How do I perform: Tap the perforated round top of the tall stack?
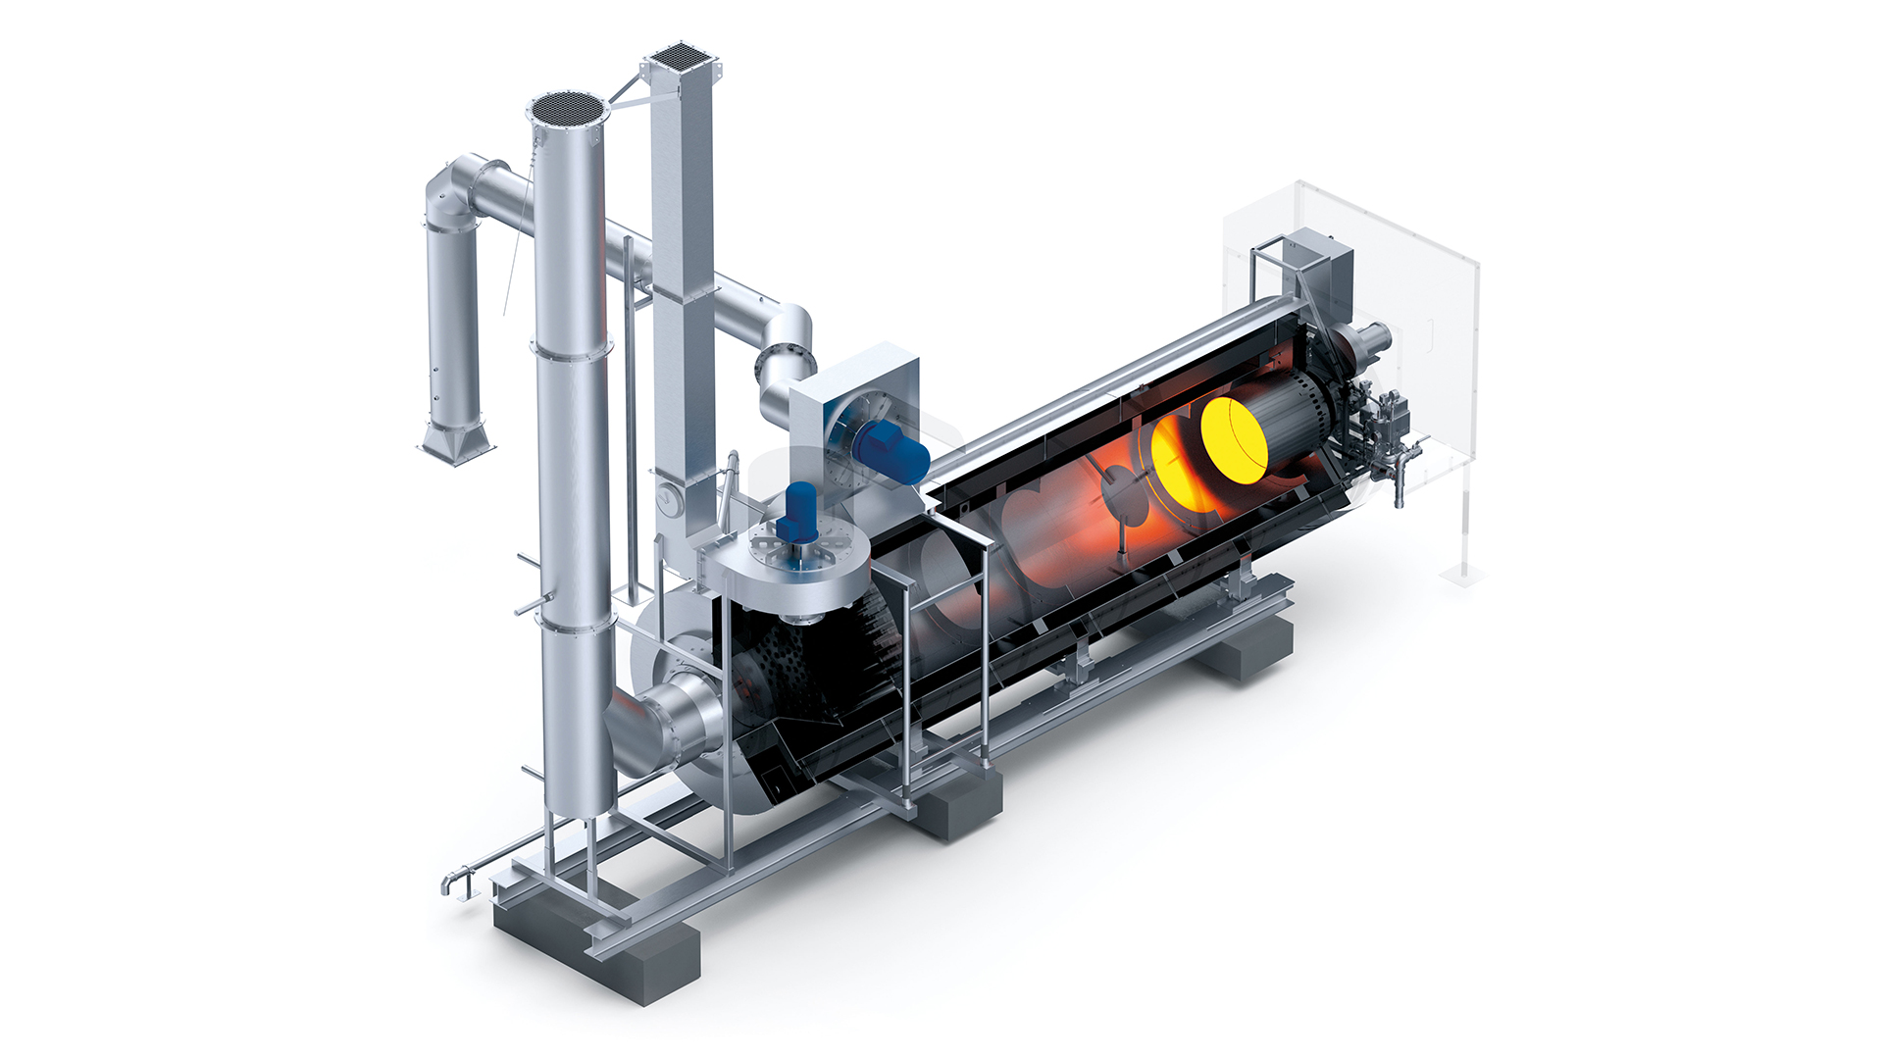568,110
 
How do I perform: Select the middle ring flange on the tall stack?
572,348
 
